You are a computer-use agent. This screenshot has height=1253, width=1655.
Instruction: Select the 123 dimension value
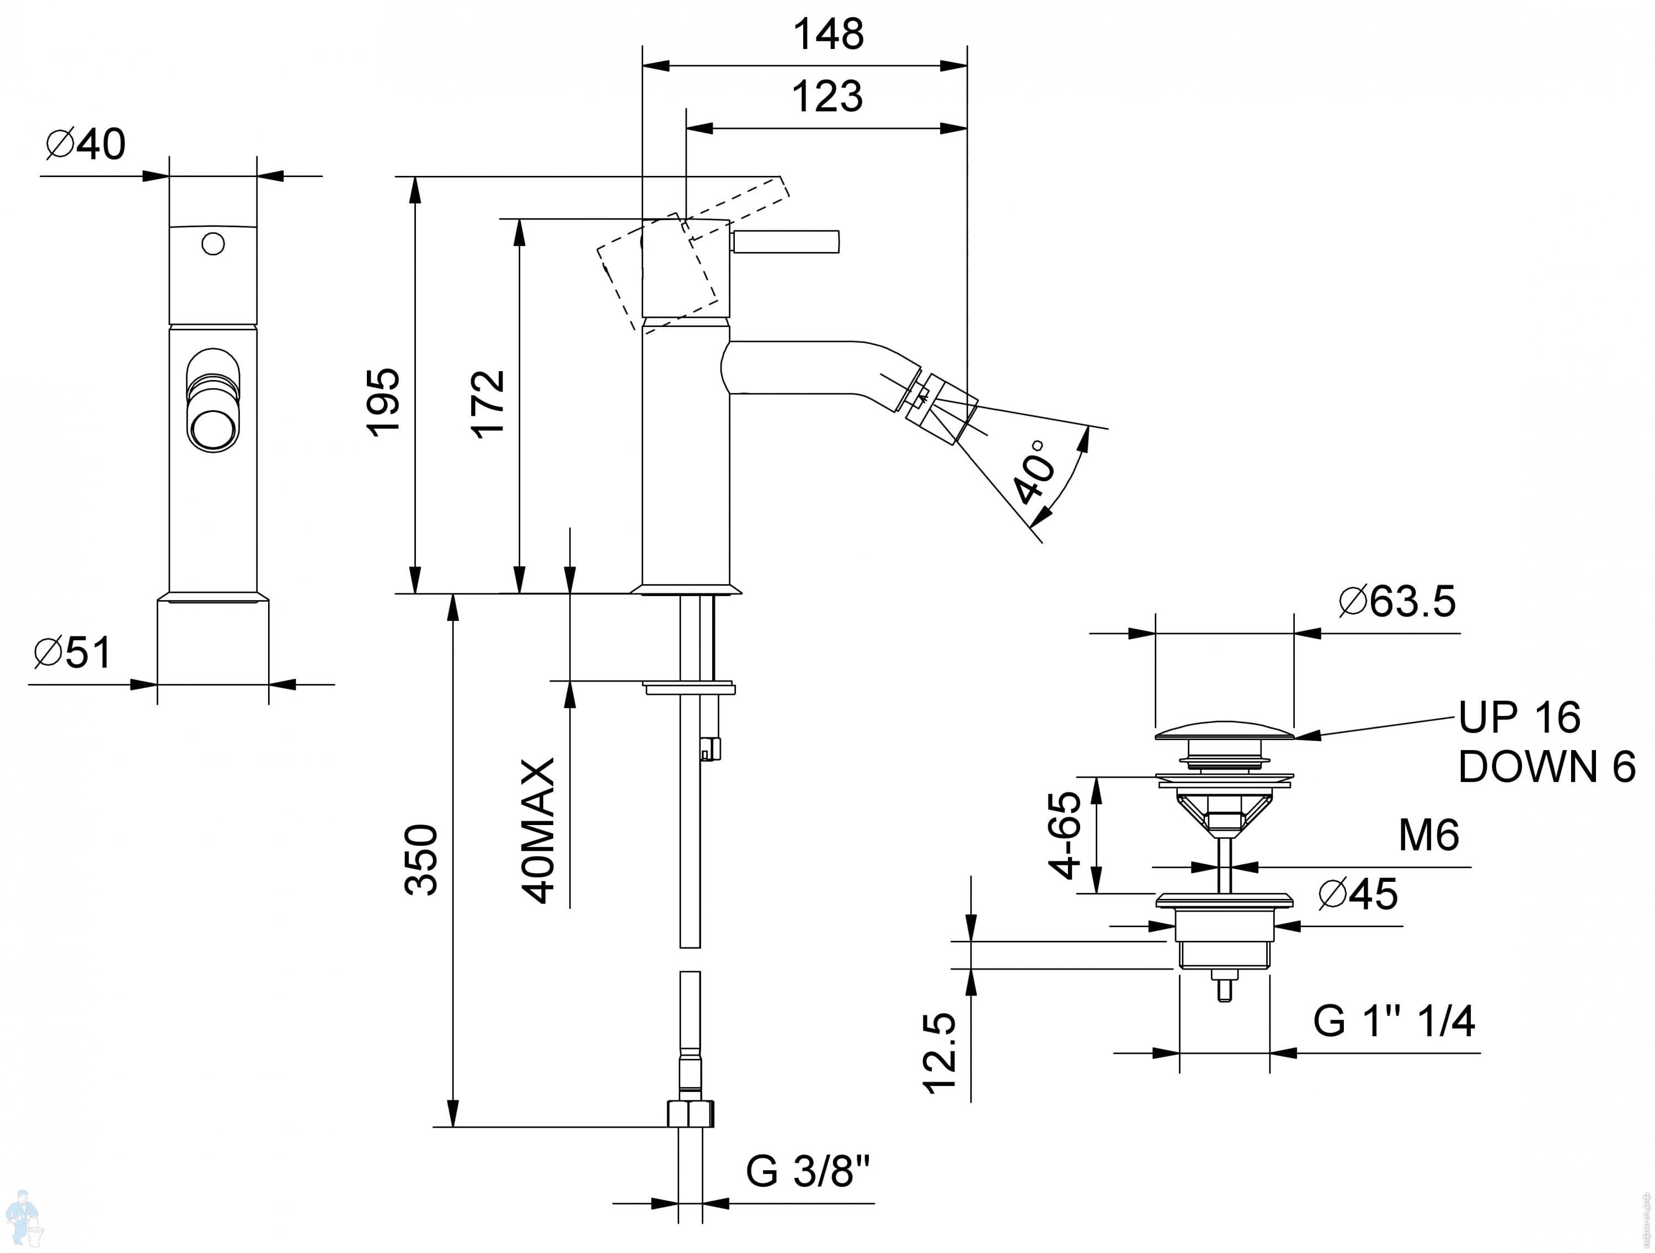(x=827, y=97)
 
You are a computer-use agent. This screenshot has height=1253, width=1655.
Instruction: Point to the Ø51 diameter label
(x=73, y=652)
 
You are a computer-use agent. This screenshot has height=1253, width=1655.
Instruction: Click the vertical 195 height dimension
(x=383, y=401)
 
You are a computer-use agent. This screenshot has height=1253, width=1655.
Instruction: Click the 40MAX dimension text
(x=538, y=831)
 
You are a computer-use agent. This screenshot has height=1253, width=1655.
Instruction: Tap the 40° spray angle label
(x=1036, y=472)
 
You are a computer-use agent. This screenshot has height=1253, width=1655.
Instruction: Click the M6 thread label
(x=1428, y=836)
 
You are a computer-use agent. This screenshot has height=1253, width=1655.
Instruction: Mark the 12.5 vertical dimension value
(x=941, y=1053)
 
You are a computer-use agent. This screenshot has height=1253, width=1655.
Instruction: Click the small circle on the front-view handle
(x=213, y=244)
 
